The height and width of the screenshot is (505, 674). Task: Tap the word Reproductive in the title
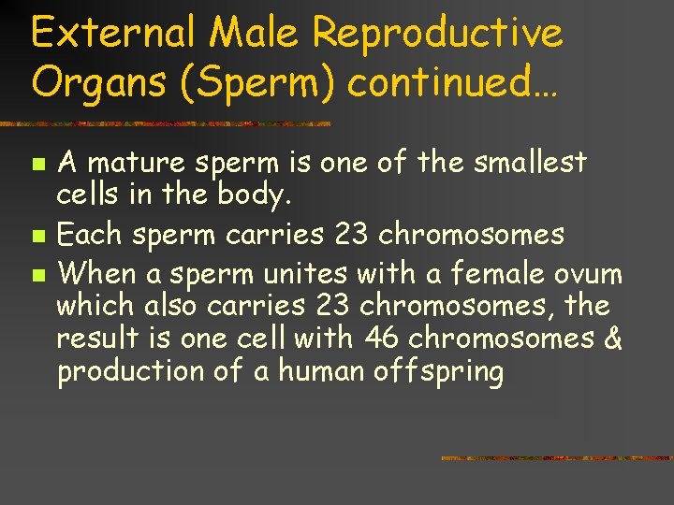tap(438, 34)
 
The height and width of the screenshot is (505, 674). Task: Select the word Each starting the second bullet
tap(88, 233)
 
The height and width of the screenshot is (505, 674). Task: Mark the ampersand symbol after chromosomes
tap(614, 338)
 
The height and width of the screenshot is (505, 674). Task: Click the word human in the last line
tap(314, 372)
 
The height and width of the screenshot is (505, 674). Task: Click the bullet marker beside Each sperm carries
tap(37, 234)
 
